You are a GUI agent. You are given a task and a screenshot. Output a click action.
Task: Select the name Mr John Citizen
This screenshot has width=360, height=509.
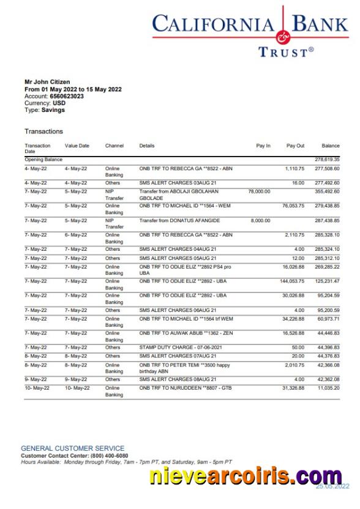click(x=47, y=82)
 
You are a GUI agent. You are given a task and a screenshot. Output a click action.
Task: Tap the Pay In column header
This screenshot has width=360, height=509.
click(x=263, y=146)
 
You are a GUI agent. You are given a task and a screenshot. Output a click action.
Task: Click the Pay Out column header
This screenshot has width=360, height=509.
click(x=295, y=146)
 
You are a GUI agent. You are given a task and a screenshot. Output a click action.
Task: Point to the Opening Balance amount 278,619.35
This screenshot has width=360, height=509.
click(x=327, y=160)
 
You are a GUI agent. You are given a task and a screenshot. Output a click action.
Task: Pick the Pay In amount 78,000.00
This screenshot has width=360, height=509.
click(x=259, y=191)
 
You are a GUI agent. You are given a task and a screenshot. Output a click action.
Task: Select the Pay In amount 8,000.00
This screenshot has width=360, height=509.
click(x=260, y=220)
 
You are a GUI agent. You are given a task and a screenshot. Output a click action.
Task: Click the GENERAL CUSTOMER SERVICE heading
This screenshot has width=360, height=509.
click(x=72, y=448)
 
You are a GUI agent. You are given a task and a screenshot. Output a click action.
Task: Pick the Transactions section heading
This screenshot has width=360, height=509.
click(x=43, y=132)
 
